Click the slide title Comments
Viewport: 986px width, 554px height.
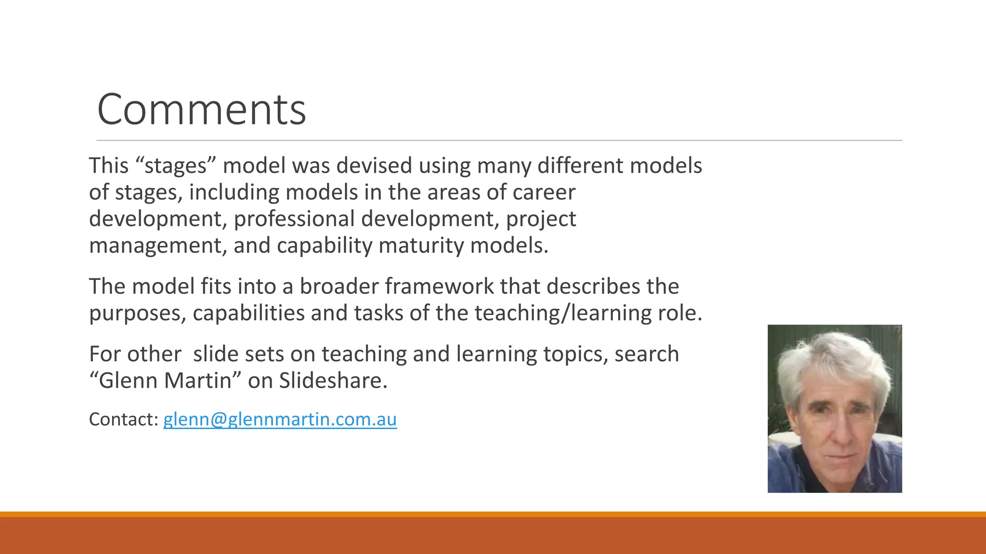(201, 110)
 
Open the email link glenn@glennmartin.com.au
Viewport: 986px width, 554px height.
(280, 419)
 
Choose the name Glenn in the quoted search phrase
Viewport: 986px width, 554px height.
(128, 381)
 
